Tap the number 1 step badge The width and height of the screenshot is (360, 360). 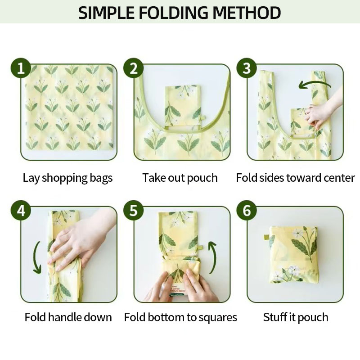(x=21, y=68)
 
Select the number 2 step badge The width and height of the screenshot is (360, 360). (x=134, y=68)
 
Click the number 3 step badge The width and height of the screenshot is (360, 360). (x=247, y=68)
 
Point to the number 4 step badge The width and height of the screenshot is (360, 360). (x=21, y=210)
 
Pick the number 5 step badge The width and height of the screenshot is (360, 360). (x=134, y=210)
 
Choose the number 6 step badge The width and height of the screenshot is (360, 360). (x=247, y=210)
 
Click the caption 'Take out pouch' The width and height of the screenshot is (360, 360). (x=180, y=178)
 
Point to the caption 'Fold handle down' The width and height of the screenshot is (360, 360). (x=68, y=317)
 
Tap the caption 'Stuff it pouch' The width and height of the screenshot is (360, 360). (x=296, y=318)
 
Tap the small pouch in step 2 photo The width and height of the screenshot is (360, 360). (x=183, y=106)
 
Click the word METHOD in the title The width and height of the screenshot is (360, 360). (x=247, y=13)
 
